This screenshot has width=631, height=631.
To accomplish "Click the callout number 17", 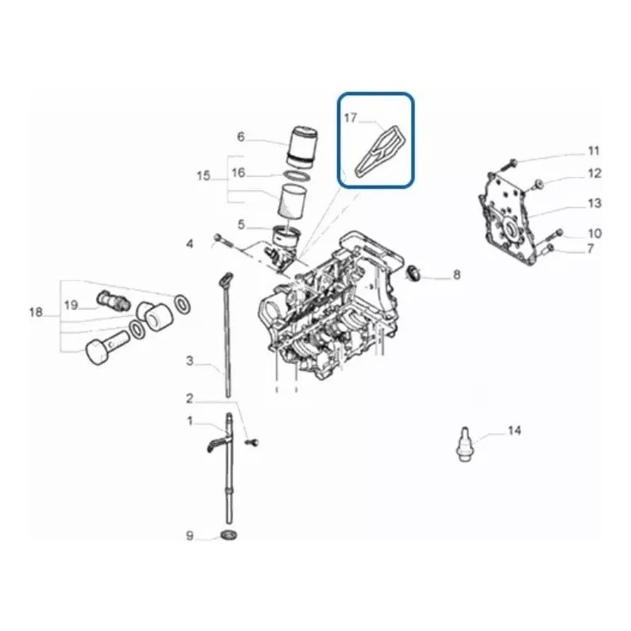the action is click(x=351, y=118).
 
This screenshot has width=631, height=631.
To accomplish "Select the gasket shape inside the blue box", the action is click(x=379, y=150).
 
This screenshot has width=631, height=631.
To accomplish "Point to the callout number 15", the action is click(x=204, y=176).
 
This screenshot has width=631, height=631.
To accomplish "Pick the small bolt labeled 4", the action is click(x=221, y=241).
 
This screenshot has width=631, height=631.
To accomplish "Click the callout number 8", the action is click(x=456, y=275).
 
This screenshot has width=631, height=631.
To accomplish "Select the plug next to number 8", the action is click(x=412, y=273).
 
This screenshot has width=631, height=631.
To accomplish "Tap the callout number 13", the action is click(x=594, y=203).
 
